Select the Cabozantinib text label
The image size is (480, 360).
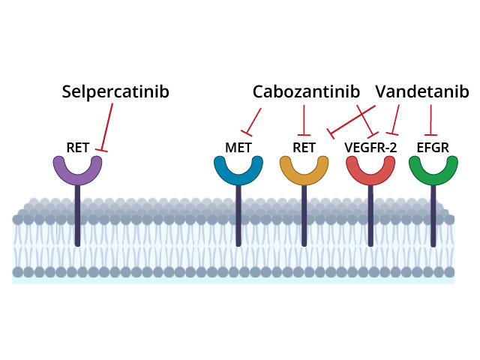(306, 91)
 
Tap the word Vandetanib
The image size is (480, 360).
(421, 91)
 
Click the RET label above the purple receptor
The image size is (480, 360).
(78, 147)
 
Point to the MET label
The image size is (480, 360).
(238, 147)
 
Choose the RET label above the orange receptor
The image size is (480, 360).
(304, 147)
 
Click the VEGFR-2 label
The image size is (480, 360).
(370, 147)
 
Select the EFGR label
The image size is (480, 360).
(433, 147)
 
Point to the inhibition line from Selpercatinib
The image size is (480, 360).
(107, 127)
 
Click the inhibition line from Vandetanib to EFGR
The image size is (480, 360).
(431, 118)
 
